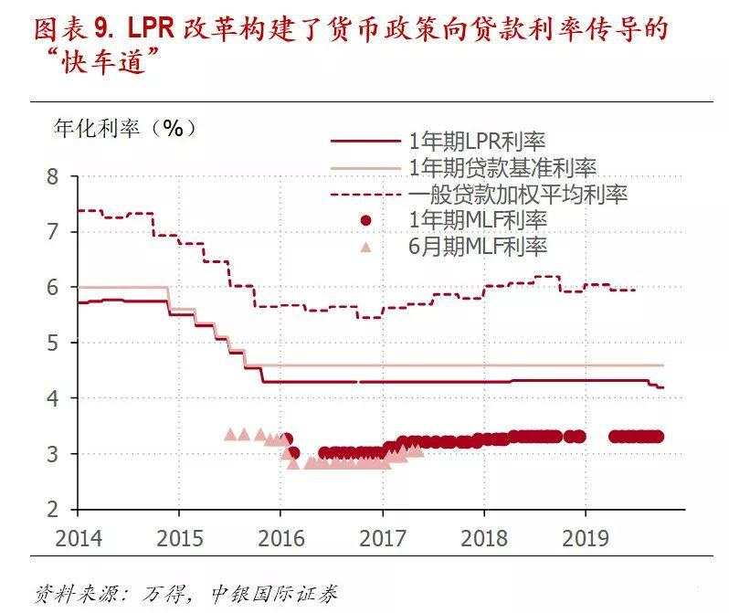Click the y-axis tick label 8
53,176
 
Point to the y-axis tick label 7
53,232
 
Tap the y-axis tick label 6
53,288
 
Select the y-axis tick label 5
53,343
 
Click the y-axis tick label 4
53,399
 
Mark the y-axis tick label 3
53,455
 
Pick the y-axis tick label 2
53,510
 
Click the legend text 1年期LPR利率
478,142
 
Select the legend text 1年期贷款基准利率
503,168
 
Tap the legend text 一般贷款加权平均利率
519,195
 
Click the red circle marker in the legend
365,221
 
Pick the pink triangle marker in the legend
365,247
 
